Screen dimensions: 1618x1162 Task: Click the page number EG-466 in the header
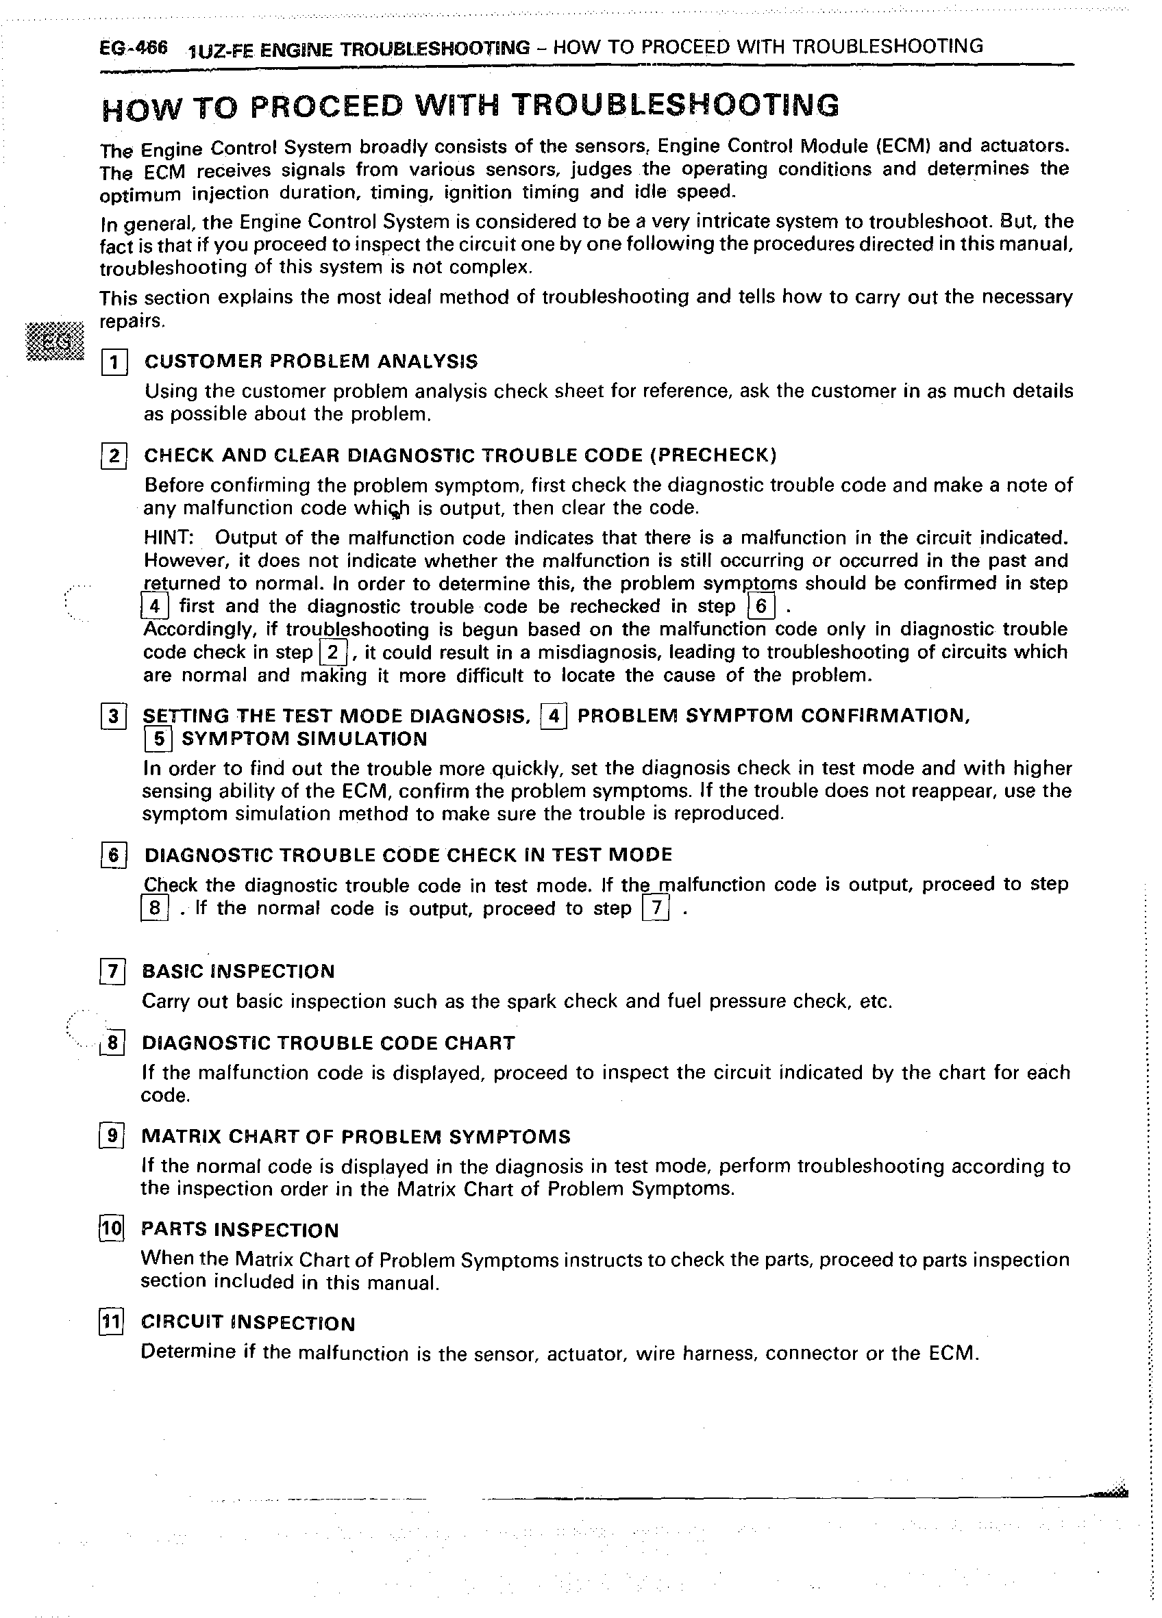[134, 49]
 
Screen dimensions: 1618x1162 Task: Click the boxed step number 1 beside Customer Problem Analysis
[114, 363]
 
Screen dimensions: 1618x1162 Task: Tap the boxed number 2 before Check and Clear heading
[114, 456]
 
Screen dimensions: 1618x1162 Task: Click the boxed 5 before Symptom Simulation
[158, 739]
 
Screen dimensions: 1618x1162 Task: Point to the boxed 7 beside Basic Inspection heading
[113, 972]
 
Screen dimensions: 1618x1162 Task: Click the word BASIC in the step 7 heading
[173, 972]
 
